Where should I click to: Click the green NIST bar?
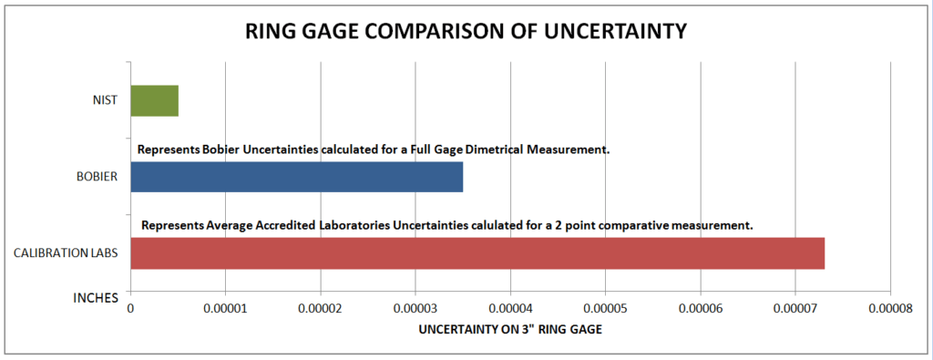click(x=154, y=100)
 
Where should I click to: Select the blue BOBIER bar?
click(x=296, y=177)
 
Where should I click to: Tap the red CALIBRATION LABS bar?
click(x=477, y=252)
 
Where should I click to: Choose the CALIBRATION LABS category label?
click(x=66, y=253)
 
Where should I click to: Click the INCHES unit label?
click(x=95, y=297)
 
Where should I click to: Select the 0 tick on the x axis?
click(x=130, y=311)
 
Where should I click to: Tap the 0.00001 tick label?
click(x=226, y=311)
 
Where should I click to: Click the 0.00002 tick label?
click(x=320, y=311)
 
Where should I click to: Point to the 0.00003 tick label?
click(x=415, y=311)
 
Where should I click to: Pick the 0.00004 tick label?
click(x=510, y=311)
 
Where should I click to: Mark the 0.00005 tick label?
click(x=605, y=311)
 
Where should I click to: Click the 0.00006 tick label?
click(x=701, y=311)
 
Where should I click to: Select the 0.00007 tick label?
click(x=795, y=311)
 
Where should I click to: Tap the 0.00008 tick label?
click(x=890, y=311)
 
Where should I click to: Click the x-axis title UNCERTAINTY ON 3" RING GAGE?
click(x=510, y=330)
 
